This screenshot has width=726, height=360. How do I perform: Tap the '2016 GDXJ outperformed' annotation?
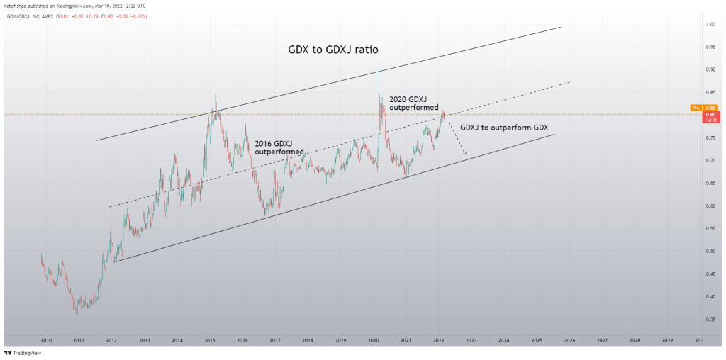click(279, 147)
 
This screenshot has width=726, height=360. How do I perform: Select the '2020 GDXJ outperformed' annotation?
click(414, 103)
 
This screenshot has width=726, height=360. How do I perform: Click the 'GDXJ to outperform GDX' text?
click(505, 128)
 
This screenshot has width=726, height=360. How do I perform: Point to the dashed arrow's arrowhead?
click(465, 153)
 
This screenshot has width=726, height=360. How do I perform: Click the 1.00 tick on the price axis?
click(710, 25)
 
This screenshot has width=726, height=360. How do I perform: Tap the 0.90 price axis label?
click(710, 69)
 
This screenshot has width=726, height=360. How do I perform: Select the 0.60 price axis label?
click(710, 206)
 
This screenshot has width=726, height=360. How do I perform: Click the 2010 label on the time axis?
click(46, 341)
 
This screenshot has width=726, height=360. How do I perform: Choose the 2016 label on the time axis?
click(242, 341)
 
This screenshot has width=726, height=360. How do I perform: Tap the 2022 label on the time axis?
click(438, 341)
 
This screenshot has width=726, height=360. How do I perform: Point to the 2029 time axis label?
click(667, 341)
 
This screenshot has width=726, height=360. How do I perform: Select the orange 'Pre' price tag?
click(695, 108)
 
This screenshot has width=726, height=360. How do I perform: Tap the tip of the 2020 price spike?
click(379, 68)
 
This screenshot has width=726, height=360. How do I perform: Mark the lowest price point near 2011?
click(77, 313)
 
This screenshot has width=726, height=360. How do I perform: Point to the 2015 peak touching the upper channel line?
click(215, 96)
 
